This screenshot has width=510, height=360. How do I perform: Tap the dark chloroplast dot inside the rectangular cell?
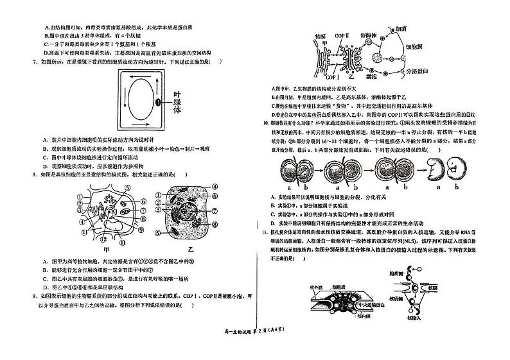157,102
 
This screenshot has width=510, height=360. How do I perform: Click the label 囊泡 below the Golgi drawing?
371,75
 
